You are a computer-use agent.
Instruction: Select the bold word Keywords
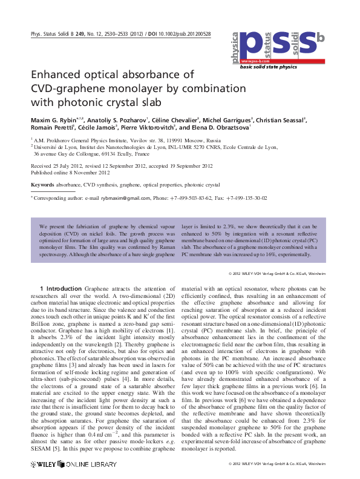(x=42, y=184)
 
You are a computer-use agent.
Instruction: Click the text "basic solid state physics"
(x=269, y=67)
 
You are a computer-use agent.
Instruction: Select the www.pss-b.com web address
(x=253, y=62)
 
